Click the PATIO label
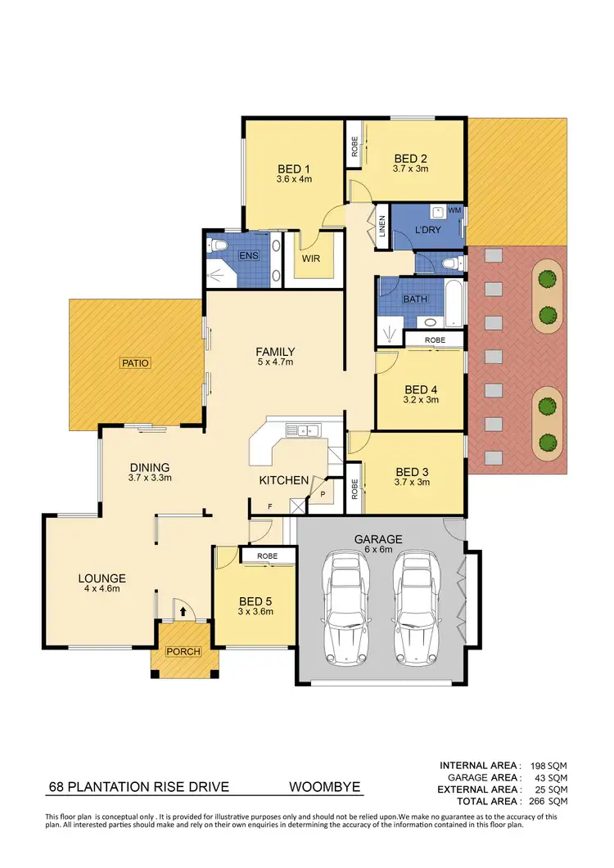(x=136, y=362)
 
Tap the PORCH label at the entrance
(x=183, y=652)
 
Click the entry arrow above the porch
(x=183, y=610)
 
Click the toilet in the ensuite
(x=218, y=245)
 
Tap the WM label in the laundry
(x=454, y=211)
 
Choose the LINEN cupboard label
(x=381, y=229)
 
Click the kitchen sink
(x=300, y=428)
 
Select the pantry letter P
(x=322, y=493)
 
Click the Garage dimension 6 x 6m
(x=377, y=551)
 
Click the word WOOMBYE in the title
(x=324, y=789)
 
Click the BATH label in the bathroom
(x=415, y=299)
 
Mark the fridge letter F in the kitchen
(x=269, y=506)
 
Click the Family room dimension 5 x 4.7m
(x=275, y=362)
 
